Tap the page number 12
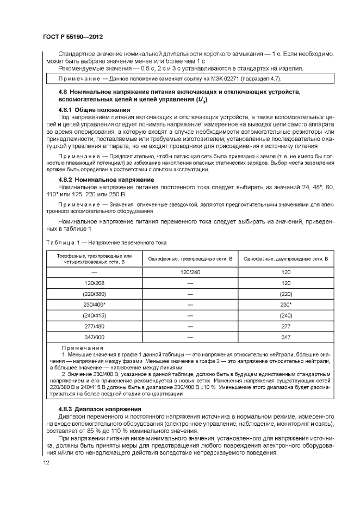[46, 463]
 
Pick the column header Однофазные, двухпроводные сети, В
[285, 259]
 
